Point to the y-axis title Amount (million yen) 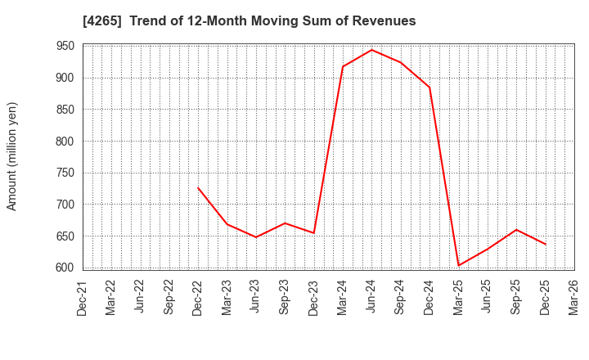[12, 156]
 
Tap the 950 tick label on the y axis [65, 47]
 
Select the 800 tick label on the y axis [65, 142]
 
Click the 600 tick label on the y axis [65, 268]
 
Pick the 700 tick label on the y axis [65, 205]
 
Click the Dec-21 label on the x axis [83, 298]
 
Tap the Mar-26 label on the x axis [574, 298]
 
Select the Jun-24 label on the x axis [371, 298]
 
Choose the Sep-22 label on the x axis [169, 298]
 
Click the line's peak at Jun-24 [371, 50]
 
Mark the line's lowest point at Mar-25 [458, 265]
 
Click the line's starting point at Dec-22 [198, 188]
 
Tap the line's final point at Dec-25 [546, 244]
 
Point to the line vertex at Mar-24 [343, 67]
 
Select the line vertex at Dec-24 [429, 88]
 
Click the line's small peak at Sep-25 [516, 230]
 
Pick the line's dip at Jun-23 [256, 237]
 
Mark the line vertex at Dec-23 [314, 233]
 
